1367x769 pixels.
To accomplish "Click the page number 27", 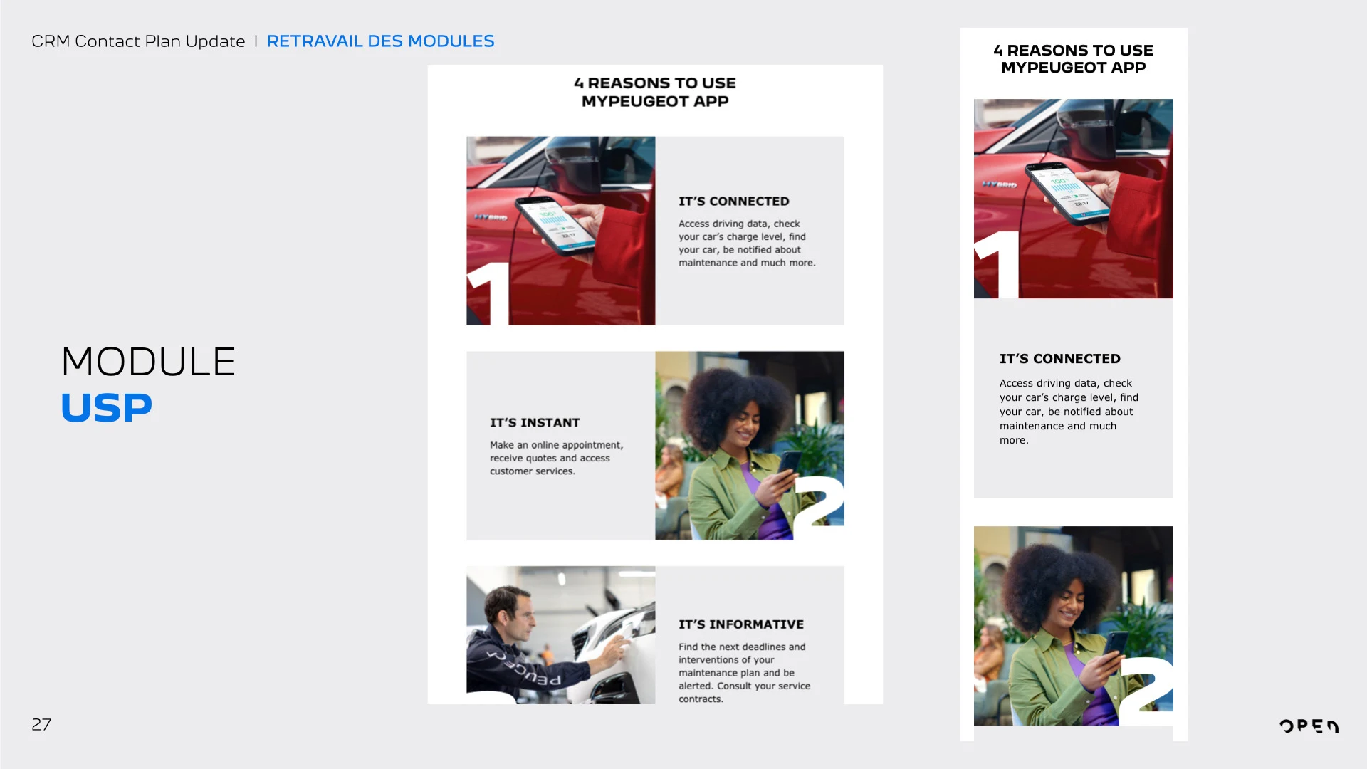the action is click(41, 725).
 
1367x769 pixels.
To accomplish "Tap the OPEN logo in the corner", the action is click(1309, 726).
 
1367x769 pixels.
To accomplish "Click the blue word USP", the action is click(107, 408).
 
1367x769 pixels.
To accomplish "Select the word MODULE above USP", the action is click(148, 362).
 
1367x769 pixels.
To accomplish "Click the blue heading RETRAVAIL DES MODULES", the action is click(380, 41).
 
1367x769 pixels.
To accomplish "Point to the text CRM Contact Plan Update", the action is click(138, 41).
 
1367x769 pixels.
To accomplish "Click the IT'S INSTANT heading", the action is click(535, 423).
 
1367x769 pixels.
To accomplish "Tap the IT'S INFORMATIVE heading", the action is click(741, 624).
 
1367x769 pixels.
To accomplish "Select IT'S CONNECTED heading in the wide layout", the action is click(734, 202).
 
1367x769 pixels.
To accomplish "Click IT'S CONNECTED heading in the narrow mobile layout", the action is click(1060, 359).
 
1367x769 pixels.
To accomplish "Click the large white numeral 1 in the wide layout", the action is click(488, 293).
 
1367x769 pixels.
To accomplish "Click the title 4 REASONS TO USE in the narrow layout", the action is click(1074, 51).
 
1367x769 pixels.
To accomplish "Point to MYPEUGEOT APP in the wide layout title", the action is click(655, 101).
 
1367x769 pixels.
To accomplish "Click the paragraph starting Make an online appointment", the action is click(557, 458).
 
